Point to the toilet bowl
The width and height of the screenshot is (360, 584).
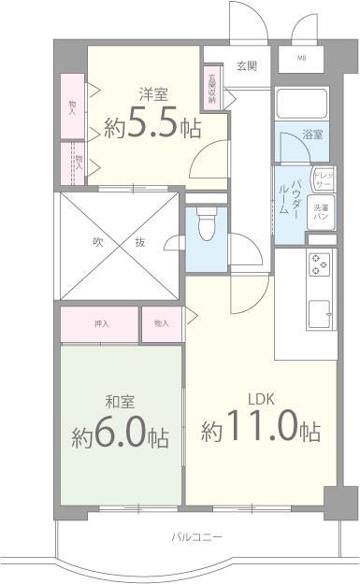click(207, 224)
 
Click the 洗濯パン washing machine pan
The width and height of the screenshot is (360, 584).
click(321, 212)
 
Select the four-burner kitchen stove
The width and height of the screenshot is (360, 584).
click(318, 265)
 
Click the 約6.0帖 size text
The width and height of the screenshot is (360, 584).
click(120, 435)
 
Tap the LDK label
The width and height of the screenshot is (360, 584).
click(260, 399)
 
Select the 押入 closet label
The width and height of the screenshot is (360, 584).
click(101, 324)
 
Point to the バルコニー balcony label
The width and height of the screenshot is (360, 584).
click(196, 536)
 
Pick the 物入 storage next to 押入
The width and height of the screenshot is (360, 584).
click(162, 324)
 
